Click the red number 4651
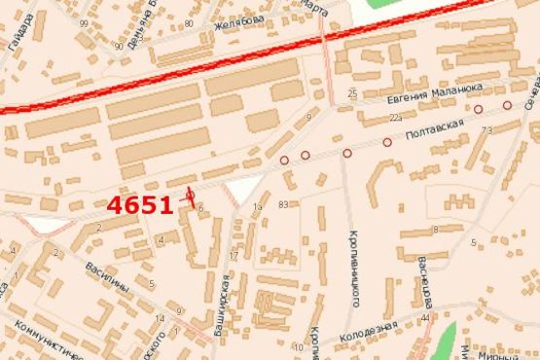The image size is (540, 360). click(x=140, y=205)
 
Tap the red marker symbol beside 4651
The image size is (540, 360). click(x=190, y=195)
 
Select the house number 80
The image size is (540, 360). click(x=187, y=22)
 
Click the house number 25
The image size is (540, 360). click(x=352, y=93)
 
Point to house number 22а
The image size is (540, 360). click(x=396, y=118)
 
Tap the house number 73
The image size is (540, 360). click(x=486, y=129)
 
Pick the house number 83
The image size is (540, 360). click(x=283, y=204)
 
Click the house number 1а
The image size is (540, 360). click(x=257, y=207)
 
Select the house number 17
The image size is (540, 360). click(x=233, y=256)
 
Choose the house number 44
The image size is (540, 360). click(x=425, y=318)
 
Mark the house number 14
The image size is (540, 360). click(x=159, y=318)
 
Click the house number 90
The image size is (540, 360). click(x=118, y=46)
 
